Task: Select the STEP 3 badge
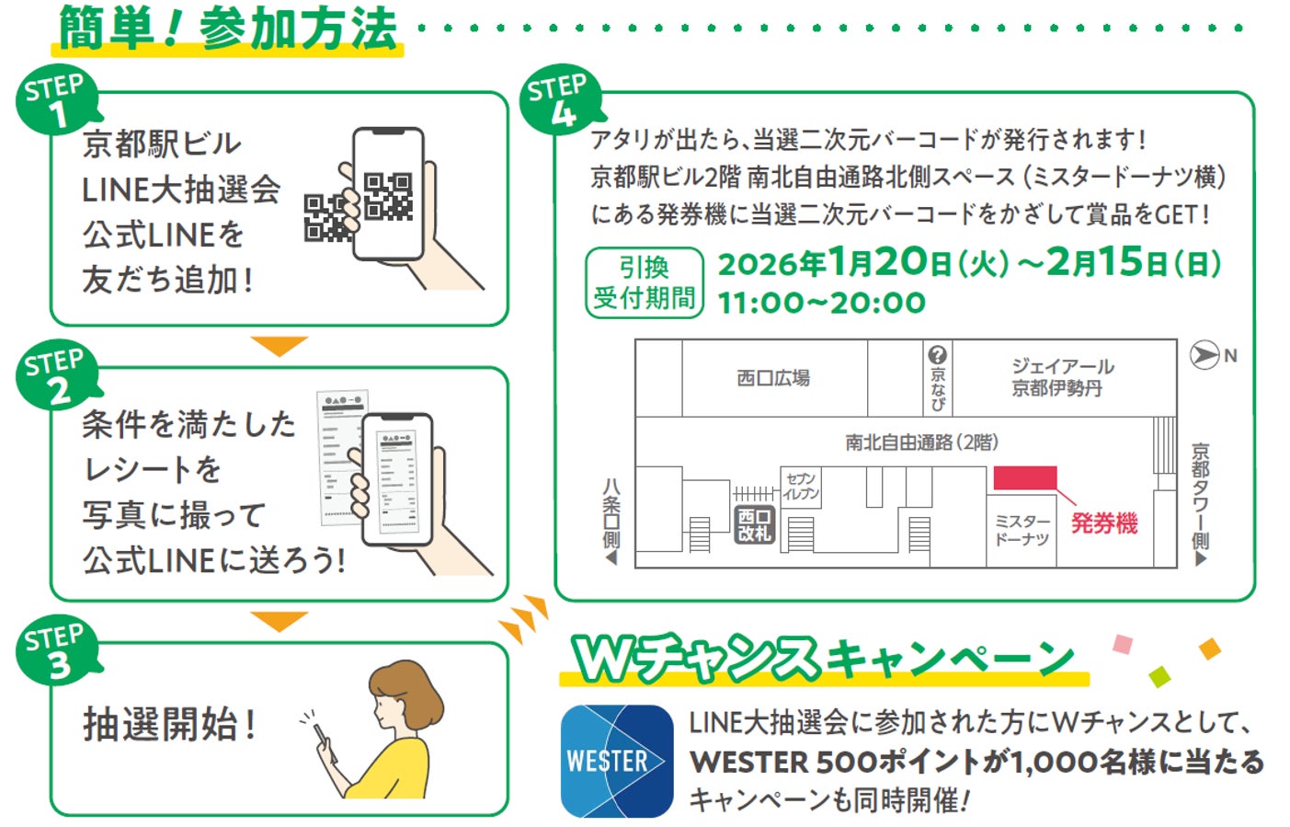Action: [55, 651]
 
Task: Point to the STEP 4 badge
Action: [558, 99]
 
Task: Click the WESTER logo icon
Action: [617, 761]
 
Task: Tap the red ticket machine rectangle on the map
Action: [1024, 478]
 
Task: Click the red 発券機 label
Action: [1104, 523]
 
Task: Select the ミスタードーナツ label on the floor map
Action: [1022, 530]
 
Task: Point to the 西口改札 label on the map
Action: [754, 525]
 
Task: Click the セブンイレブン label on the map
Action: [801, 486]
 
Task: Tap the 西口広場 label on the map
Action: [773, 378]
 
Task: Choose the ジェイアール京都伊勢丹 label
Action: [1062, 377]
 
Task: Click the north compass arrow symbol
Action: [1204, 355]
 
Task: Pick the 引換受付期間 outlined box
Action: [644, 282]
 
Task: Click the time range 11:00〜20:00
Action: [821, 303]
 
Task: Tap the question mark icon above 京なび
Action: [937, 355]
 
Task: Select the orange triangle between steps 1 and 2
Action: [279, 346]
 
